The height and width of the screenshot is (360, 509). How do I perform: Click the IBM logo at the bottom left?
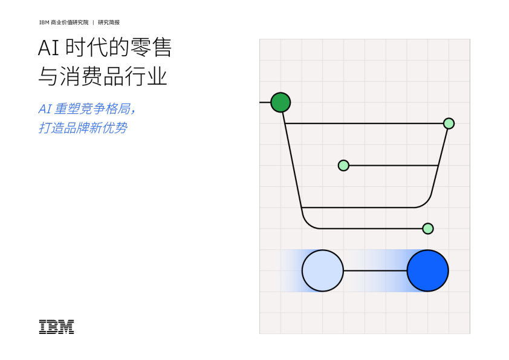click(x=56, y=327)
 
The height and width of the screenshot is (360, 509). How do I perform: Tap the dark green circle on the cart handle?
click(x=280, y=102)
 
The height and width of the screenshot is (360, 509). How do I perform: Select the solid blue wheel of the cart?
click(x=427, y=270)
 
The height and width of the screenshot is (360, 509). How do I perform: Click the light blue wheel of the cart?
click(x=322, y=270)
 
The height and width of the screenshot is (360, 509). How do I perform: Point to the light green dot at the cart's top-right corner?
click(x=449, y=123)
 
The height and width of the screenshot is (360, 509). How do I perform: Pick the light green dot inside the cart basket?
click(x=343, y=165)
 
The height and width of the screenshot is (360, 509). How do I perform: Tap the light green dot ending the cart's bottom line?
click(x=428, y=229)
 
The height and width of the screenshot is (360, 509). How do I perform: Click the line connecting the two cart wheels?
click(x=375, y=270)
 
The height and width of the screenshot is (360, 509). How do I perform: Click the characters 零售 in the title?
click(x=151, y=48)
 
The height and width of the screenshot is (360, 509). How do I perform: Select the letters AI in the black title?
click(x=48, y=48)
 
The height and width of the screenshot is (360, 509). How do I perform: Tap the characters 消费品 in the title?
click(x=91, y=76)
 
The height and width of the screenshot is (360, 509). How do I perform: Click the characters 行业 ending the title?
click(x=146, y=76)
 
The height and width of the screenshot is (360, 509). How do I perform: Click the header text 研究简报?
click(x=109, y=22)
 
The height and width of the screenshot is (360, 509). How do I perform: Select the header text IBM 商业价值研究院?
click(x=63, y=22)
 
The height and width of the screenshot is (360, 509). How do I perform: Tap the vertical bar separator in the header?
click(x=93, y=22)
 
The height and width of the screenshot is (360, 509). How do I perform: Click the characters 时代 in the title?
click(x=86, y=48)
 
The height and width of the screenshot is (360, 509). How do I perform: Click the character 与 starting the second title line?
click(x=48, y=76)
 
